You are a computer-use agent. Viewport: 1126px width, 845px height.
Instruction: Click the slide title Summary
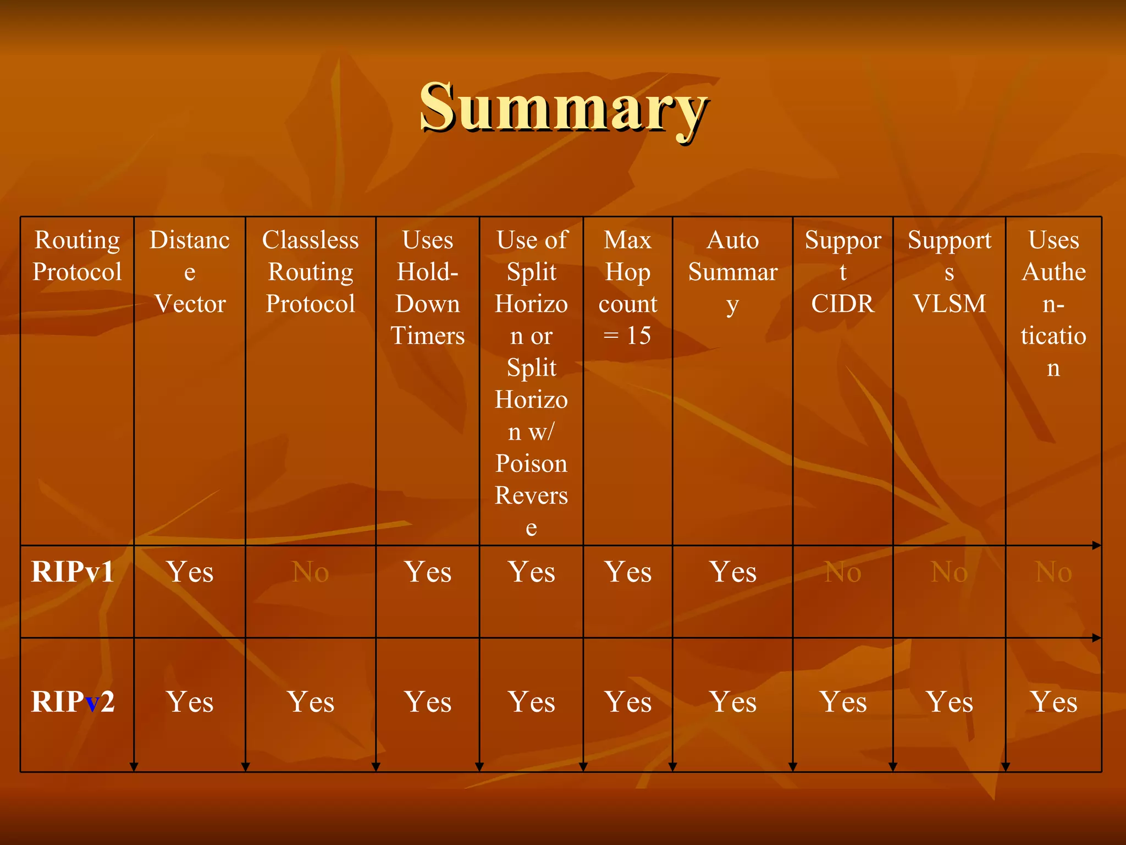pos(563,107)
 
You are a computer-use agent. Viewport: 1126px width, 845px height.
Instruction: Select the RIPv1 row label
pos(73,572)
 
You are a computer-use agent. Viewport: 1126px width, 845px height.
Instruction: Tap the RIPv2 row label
pos(73,702)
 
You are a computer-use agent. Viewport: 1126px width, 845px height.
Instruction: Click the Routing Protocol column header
pos(77,256)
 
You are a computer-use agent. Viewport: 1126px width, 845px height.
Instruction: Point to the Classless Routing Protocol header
pos(311,272)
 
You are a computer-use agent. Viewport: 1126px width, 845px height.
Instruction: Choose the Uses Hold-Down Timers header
pos(428,288)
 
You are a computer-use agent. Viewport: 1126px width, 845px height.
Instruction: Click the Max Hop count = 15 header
pos(628,288)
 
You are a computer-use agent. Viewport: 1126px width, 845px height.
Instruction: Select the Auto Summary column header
pos(733,272)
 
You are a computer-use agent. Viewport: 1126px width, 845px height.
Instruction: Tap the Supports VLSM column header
pos(950,272)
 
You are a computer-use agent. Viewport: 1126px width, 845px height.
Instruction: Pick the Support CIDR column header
pos(843,272)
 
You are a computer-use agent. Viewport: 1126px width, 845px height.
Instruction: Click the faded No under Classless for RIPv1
pos(311,572)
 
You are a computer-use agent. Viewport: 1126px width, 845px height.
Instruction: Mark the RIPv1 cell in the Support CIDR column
pos(843,572)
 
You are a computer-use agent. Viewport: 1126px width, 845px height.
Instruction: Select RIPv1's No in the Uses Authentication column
pos(1053,572)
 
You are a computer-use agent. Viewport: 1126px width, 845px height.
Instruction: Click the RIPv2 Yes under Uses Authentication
pos(1053,702)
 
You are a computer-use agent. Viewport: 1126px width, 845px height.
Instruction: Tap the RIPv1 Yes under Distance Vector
pos(190,572)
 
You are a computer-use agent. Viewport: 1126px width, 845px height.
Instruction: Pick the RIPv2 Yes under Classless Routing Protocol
pos(311,702)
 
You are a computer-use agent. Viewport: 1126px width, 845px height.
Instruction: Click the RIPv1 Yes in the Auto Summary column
pos(733,572)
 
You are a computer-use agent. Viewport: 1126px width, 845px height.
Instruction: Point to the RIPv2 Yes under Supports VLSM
pos(950,702)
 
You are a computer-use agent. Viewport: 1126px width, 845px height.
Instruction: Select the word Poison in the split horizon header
pos(531,464)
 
